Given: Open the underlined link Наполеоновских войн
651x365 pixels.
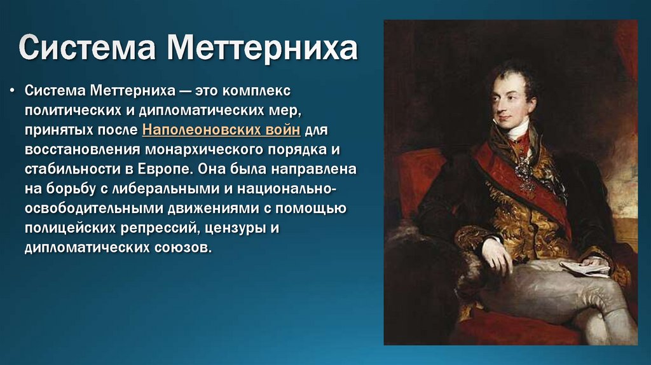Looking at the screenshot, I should (222, 130).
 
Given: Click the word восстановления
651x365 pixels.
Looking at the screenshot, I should (83, 149).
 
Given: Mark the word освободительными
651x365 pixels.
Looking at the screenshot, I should (88, 209).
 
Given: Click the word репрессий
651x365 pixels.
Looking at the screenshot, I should (158, 228).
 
